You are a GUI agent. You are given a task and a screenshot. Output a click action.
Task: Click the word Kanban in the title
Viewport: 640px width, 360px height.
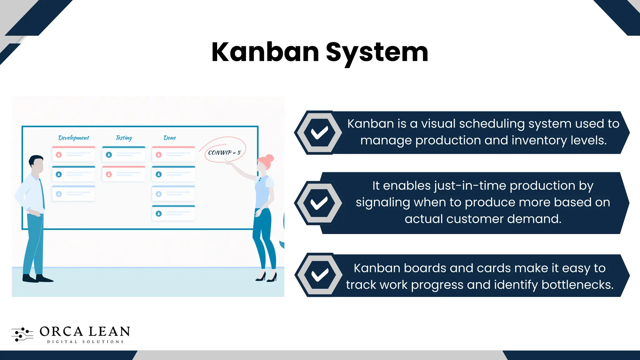[x=265, y=52]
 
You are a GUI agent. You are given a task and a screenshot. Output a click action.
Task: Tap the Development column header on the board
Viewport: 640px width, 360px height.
[x=74, y=138]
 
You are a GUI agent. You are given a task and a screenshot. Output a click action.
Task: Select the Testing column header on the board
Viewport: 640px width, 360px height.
[x=124, y=138]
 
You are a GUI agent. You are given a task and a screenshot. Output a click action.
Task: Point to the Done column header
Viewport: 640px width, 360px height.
[x=170, y=138]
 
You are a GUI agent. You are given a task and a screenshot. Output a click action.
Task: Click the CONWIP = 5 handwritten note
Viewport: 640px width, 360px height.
[x=224, y=152]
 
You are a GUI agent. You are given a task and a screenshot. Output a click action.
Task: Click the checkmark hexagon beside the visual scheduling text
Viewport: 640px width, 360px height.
[x=319, y=132]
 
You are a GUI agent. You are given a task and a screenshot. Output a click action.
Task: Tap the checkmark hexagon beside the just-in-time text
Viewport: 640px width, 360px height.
[x=319, y=203]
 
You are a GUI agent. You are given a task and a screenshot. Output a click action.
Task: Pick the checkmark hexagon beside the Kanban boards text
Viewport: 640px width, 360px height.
[x=319, y=275]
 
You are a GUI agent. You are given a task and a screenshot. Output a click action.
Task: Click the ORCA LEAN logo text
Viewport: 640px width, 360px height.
[x=85, y=332]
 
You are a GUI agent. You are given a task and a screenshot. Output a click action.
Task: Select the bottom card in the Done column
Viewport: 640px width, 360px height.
[x=173, y=213]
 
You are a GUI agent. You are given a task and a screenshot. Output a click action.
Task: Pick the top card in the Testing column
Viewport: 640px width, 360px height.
[x=124, y=154]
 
